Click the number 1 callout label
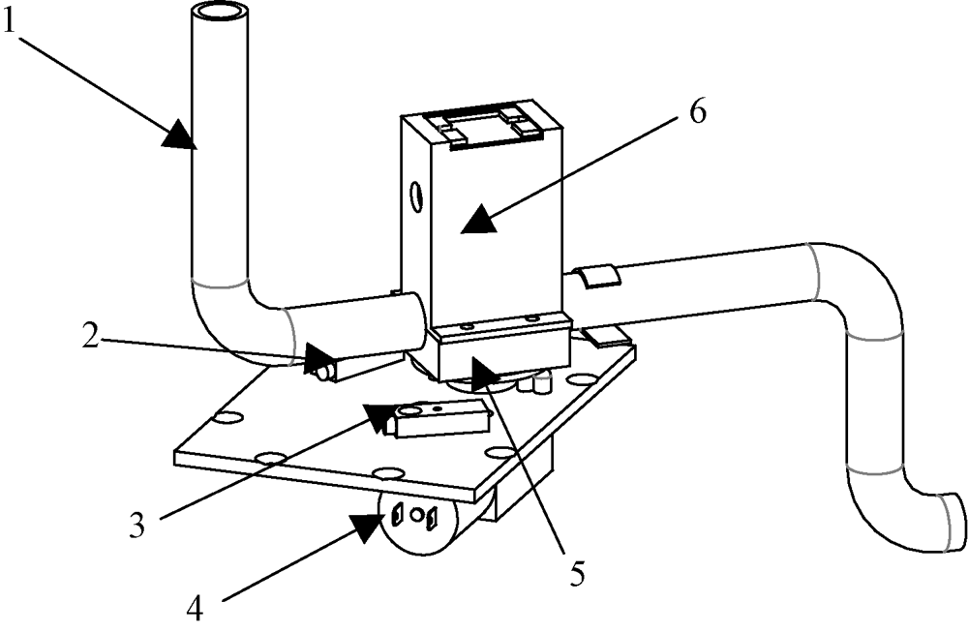(9, 22)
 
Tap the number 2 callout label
(91, 336)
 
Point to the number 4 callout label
(195, 608)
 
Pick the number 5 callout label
(577, 574)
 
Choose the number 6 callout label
(697, 113)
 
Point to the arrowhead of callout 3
(380, 417)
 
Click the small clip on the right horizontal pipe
(597, 276)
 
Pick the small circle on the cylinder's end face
(417, 514)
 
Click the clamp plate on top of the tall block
(490, 127)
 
